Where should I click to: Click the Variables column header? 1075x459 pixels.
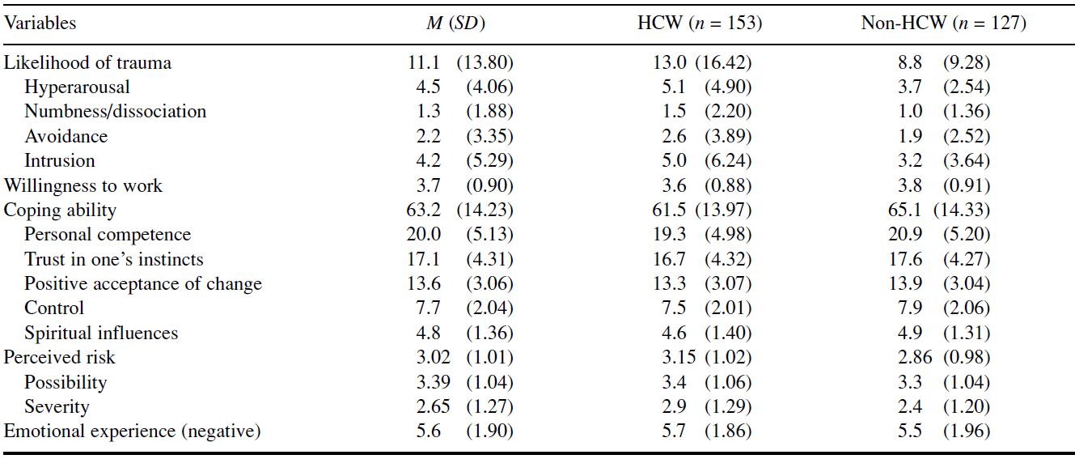[40, 23]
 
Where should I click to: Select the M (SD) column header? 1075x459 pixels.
[455, 23]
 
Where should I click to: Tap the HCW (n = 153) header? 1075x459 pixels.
[699, 23]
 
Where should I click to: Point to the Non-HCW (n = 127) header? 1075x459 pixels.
[943, 23]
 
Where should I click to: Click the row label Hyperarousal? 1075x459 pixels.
[77, 87]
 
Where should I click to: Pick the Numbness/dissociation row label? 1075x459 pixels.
[115, 112]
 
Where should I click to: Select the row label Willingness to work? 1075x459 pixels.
[83, 186]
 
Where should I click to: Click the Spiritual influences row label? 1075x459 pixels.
[101, 333]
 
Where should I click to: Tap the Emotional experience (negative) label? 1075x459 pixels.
[132, 431]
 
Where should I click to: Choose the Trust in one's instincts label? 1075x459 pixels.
[114, 259]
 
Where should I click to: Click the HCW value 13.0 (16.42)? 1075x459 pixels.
[701, 62]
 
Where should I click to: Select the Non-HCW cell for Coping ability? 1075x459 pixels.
[939, 210]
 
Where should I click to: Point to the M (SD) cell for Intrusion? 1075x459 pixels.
[464, 160]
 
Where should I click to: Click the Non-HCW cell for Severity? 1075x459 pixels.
[943, 406]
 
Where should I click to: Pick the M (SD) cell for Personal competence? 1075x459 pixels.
[459, 234]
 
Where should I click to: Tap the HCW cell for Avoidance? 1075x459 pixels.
[706, 136]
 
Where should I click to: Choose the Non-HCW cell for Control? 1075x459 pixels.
[943, 308]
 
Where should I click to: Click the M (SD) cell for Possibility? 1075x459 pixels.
[464, 382]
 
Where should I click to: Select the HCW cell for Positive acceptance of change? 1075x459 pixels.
[701, 283]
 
